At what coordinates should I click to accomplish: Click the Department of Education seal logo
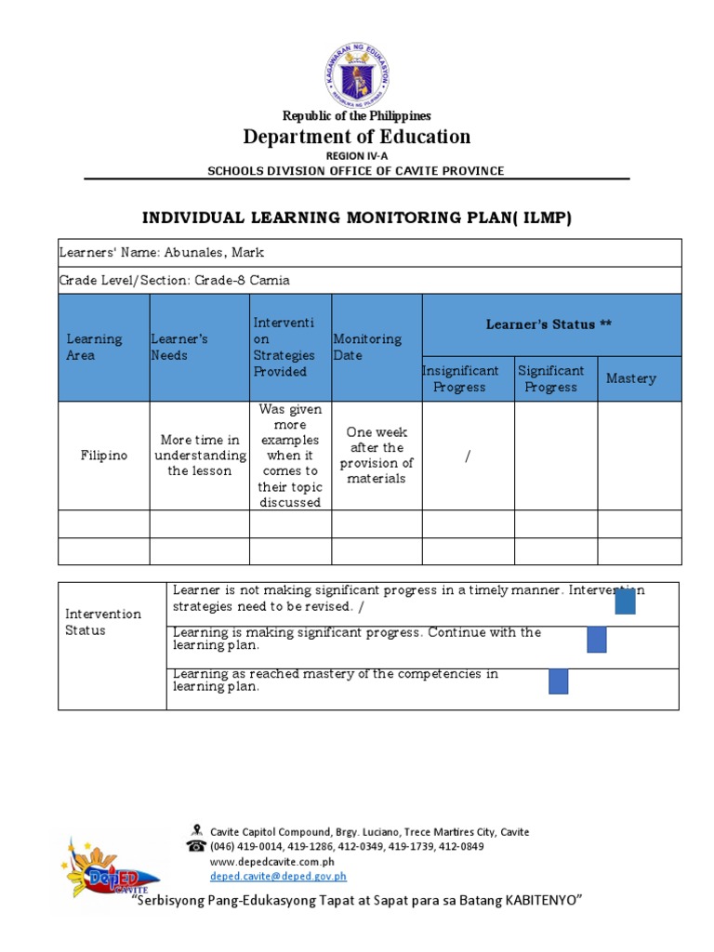coord(357,73)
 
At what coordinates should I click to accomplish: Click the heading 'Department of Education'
coord(357,138)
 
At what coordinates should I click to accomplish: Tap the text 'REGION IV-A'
coord(357,156)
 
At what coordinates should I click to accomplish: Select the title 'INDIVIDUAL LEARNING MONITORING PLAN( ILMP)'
coord(357,218)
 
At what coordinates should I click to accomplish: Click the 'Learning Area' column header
coord(94,348)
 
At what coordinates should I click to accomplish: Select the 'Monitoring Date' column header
coord(367,348)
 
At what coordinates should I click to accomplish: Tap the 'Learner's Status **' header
coord(549,324)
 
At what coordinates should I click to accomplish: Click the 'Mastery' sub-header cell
coord(631,378)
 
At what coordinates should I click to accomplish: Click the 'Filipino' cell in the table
coord(103,456)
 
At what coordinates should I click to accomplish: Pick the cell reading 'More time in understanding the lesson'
coord(200,456)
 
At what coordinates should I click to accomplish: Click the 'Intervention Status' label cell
coord(103,622)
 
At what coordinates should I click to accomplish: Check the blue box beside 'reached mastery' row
coord(559,682)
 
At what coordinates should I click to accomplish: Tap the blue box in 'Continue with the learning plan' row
coord(597,640)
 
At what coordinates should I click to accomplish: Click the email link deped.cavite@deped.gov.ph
coord(278,876)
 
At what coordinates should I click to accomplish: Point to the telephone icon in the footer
coord(196,846)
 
